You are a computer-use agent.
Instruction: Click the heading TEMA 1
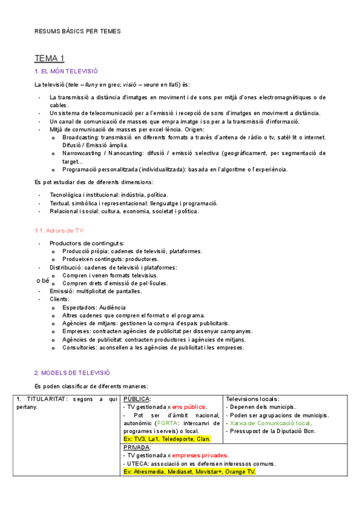point(49,58)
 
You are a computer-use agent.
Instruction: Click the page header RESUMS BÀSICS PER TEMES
point(78,31)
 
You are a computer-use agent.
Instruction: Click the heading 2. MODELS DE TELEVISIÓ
point(72,373)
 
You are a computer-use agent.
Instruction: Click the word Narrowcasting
point(83,153)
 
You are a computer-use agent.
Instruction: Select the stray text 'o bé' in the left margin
point(42,280)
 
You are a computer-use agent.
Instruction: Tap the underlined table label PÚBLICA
point(137,399)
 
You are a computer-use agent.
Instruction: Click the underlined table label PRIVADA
point(138,447)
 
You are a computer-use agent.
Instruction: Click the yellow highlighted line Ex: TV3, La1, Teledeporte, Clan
point(166,439)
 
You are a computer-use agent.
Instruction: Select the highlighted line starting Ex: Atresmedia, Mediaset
point(189,472)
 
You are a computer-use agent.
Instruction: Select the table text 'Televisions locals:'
point(252,399)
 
